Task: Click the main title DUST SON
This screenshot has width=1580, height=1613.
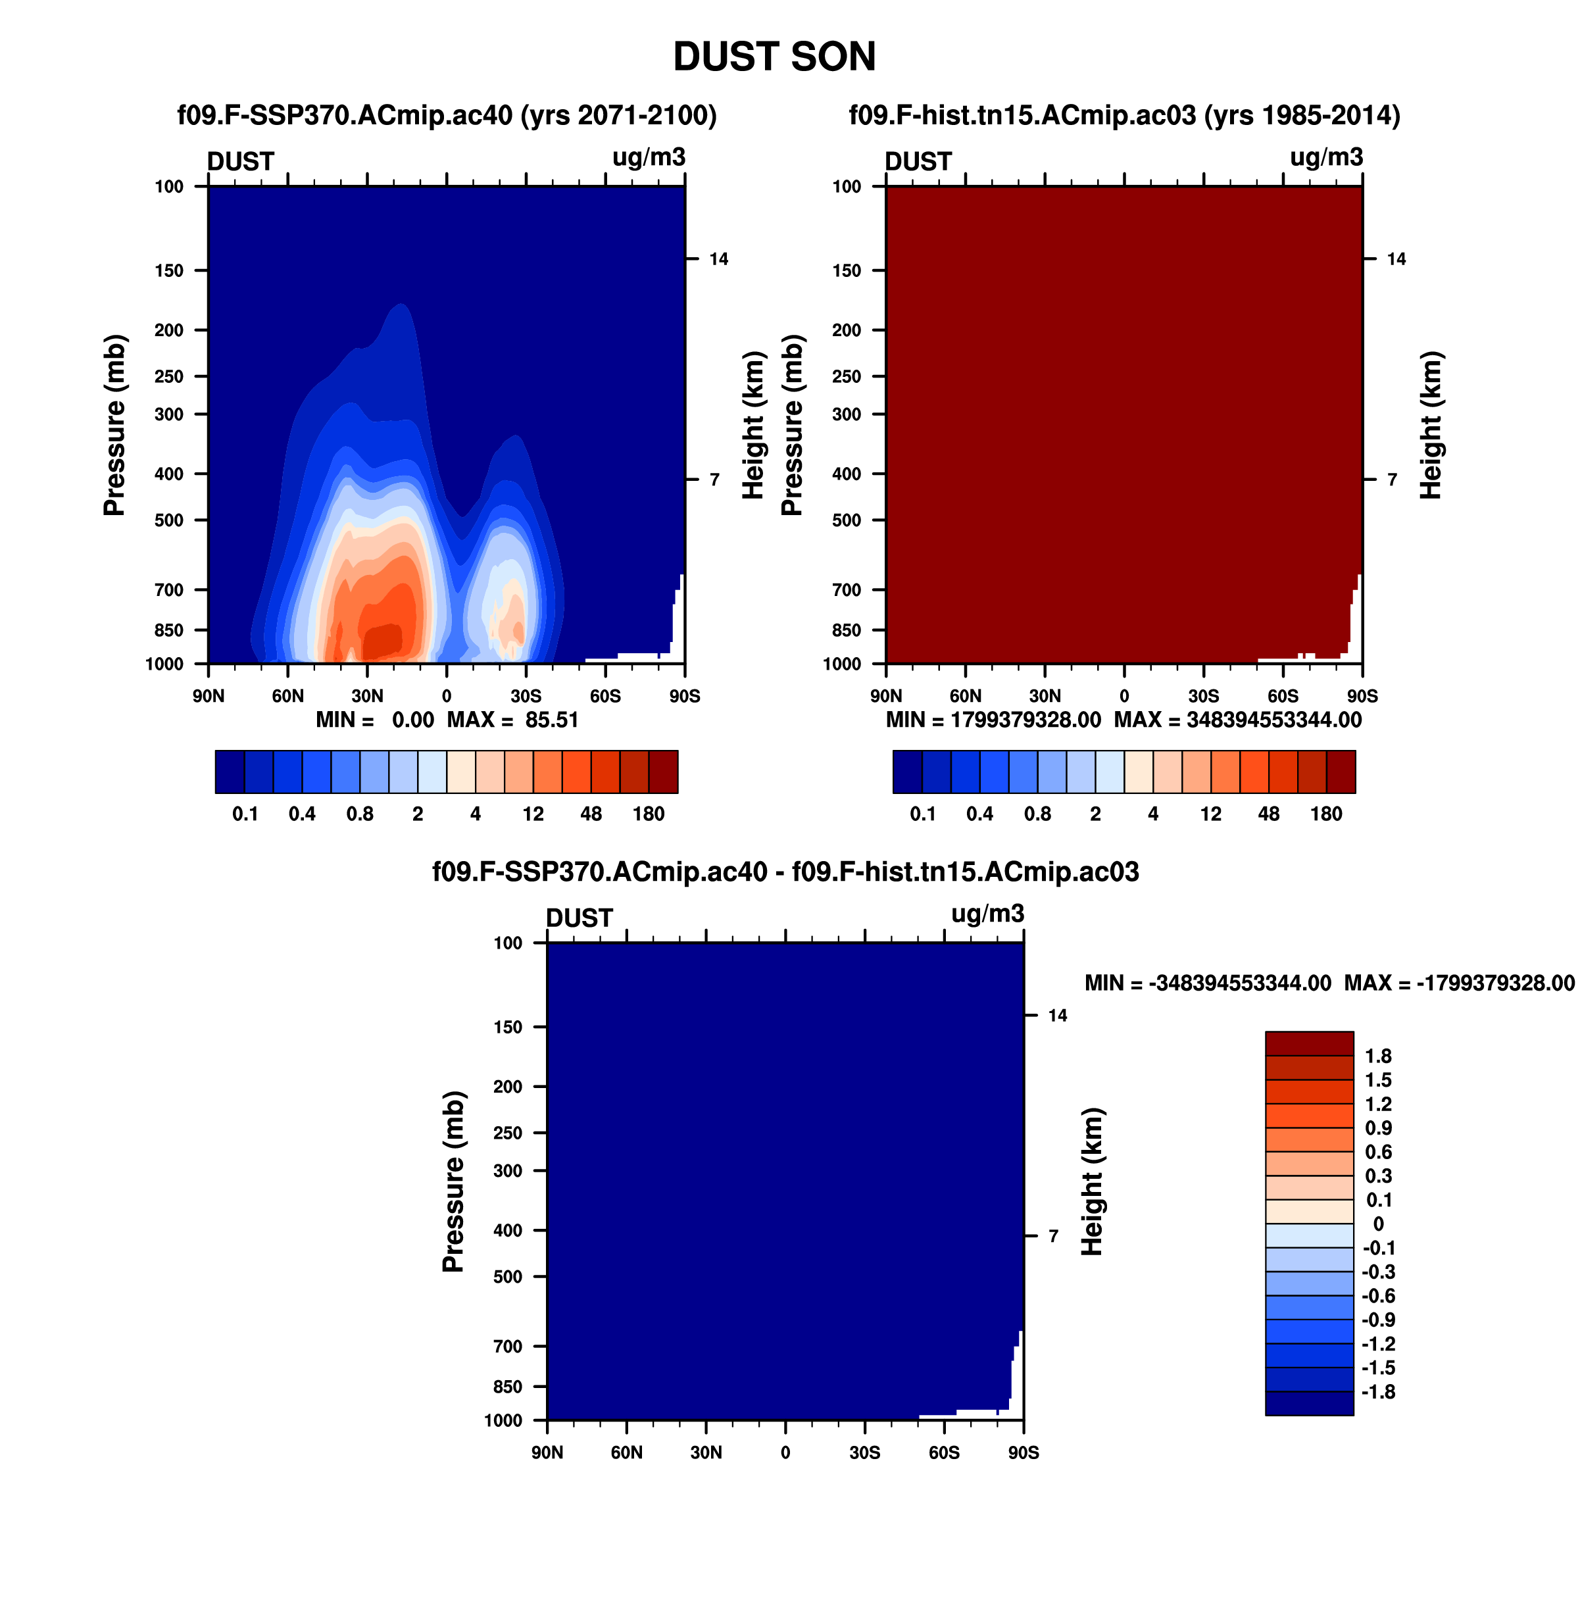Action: point(774,57)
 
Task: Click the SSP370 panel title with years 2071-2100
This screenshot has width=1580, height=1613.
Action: point(447,115)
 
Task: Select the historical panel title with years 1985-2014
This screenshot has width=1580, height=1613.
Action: point(1124,115)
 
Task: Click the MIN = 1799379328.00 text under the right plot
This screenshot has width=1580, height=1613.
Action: point(993,720)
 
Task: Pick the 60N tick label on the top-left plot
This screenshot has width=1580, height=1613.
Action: point(288,696)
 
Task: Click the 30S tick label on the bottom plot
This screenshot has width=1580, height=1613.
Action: point(865,1453)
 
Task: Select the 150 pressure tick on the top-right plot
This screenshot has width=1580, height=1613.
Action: point(847,270)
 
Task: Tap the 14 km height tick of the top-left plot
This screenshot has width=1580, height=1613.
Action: point(719,259)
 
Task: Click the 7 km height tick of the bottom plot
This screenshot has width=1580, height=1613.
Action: point(1053,1236)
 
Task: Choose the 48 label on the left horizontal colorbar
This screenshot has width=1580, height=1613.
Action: point(591,814)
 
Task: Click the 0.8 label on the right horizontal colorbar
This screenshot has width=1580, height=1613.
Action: point(1038,814)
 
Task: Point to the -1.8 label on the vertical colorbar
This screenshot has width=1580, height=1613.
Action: point(1378,1392)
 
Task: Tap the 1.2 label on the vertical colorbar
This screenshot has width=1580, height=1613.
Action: point(1378,1104)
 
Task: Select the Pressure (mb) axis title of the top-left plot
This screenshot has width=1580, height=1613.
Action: point(114,425)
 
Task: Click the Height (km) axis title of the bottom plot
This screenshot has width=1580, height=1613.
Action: point(1092,1181)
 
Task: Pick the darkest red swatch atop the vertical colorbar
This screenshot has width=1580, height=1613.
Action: point(1310,1043)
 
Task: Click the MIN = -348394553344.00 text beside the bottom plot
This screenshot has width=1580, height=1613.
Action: point(1208,983)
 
